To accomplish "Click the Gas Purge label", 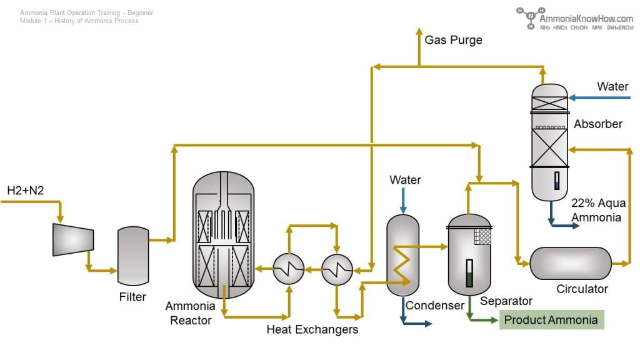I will point(453,40).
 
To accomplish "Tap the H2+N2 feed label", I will point(26,190).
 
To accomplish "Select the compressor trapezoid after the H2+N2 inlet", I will point(73,239).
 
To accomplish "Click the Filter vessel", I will point(133,256).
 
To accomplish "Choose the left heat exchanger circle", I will point(289,270).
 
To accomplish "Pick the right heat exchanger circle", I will point(337,270).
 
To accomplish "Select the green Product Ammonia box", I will point(551,320).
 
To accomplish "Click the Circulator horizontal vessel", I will point(571,263).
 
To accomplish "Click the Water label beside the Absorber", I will point(612,86).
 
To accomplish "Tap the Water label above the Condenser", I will point(405,180).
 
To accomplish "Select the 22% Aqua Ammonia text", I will point(598,210).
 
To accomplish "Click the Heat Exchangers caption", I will point(312,329).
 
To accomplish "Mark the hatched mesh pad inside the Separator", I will point(482,236).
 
